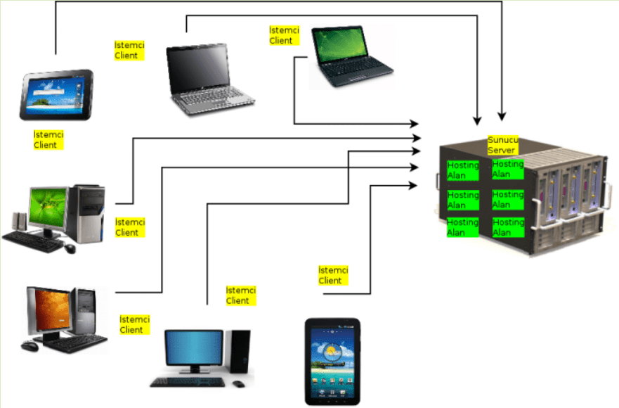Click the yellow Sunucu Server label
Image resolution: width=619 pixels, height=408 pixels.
tap(503, 146)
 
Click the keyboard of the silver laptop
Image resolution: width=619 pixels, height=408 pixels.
tap(211, 103)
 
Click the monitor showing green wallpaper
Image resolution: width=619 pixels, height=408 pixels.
tap(48, 208)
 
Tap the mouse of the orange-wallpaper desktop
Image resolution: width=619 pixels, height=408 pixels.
tap(30, 346)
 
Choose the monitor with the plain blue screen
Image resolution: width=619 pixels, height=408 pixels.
tap(193, 348)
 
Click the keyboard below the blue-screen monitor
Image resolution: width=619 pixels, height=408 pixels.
tap(187, 382)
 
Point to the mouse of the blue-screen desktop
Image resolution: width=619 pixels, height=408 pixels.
tap(239, 384)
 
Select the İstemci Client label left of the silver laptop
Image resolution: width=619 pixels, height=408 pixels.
tap(129, 50)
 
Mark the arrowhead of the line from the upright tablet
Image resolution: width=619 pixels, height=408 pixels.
tap(416, 186)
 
